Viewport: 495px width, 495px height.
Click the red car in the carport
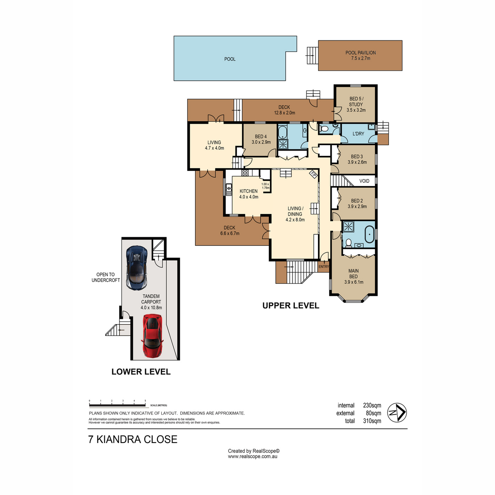152,335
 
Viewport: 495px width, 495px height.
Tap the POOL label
230,59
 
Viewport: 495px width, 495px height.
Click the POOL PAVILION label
361,56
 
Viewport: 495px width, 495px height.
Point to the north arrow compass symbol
396,413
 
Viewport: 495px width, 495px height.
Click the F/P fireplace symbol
313,174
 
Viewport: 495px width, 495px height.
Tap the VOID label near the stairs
364,181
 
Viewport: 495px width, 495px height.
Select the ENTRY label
324,266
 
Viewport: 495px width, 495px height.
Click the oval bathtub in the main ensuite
370,235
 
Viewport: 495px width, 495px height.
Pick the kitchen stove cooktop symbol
245,173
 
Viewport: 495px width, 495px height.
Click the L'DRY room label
358,134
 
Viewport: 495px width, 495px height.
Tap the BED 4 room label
261,139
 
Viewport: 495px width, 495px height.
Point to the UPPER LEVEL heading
291,305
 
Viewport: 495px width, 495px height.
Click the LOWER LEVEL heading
141,371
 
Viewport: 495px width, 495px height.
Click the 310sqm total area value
372,421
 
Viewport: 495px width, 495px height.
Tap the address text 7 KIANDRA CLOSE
133,439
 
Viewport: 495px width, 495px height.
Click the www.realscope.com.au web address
252,457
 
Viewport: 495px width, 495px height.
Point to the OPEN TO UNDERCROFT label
106,278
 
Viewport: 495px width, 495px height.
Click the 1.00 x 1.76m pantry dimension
266,186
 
